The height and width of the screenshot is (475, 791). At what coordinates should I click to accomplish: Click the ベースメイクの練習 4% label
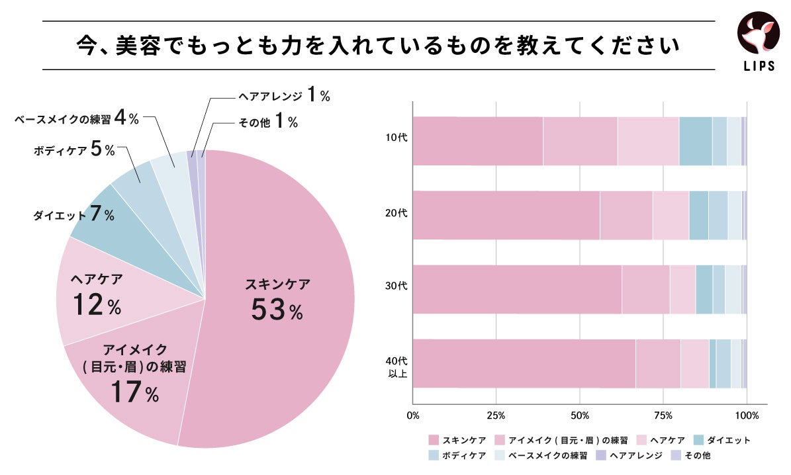(x=76, y=119)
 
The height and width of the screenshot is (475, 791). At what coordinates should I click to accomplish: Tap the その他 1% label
(x=268, y=122)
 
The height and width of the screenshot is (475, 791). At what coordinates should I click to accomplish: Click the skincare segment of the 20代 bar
(x=506, y=215)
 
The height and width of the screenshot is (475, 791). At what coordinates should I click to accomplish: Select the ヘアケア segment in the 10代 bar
(x=648, y=141)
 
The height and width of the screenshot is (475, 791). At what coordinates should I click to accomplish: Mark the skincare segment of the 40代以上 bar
(x=524, y=364)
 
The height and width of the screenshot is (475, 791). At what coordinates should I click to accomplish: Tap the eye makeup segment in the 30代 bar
(x=645, y=289)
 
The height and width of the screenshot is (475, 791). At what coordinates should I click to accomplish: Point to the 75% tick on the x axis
(x=663, y=416)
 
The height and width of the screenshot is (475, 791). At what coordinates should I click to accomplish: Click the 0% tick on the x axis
(x=412, y=416)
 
